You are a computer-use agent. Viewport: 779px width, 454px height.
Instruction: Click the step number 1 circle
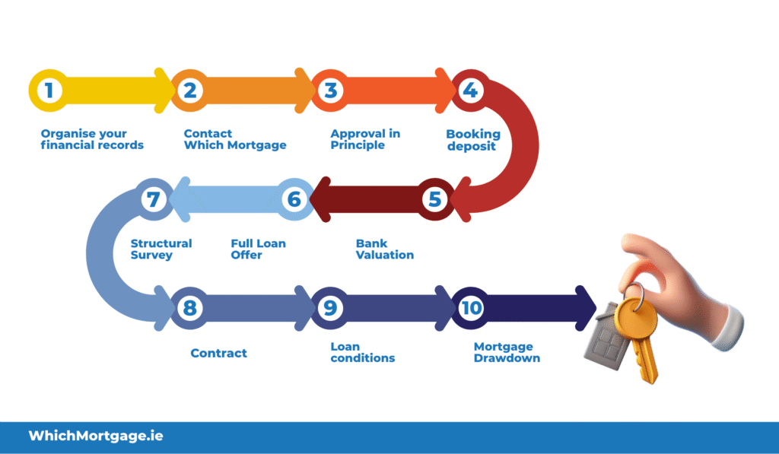(49, 91)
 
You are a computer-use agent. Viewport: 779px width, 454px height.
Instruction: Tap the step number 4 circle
(471, 91)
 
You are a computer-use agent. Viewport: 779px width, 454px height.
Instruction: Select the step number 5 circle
(434, 200)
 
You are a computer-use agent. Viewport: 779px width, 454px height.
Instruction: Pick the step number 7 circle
(153, 200)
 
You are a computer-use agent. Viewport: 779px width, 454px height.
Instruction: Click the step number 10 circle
(471, 308)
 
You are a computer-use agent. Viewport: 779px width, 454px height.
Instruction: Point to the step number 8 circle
(189, 308)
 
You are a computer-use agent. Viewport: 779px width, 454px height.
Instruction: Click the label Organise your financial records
(92, 139)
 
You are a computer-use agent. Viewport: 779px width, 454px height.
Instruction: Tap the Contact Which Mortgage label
(234, 139)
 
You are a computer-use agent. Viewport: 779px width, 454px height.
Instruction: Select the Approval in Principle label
(365, 139)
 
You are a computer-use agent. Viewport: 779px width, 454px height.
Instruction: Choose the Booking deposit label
(473, 140)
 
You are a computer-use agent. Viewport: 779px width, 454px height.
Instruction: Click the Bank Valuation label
(385, 249)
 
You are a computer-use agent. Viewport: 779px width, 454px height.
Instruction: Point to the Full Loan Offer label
(258, 249)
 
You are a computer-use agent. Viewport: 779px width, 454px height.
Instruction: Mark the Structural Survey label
(161, 249)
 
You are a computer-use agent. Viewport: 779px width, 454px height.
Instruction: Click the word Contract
(219, 353)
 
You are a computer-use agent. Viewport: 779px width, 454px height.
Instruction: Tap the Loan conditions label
(363, 352)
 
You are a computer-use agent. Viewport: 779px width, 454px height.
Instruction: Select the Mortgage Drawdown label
(507, 352)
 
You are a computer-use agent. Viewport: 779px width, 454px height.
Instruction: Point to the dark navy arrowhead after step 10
(586, 308)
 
